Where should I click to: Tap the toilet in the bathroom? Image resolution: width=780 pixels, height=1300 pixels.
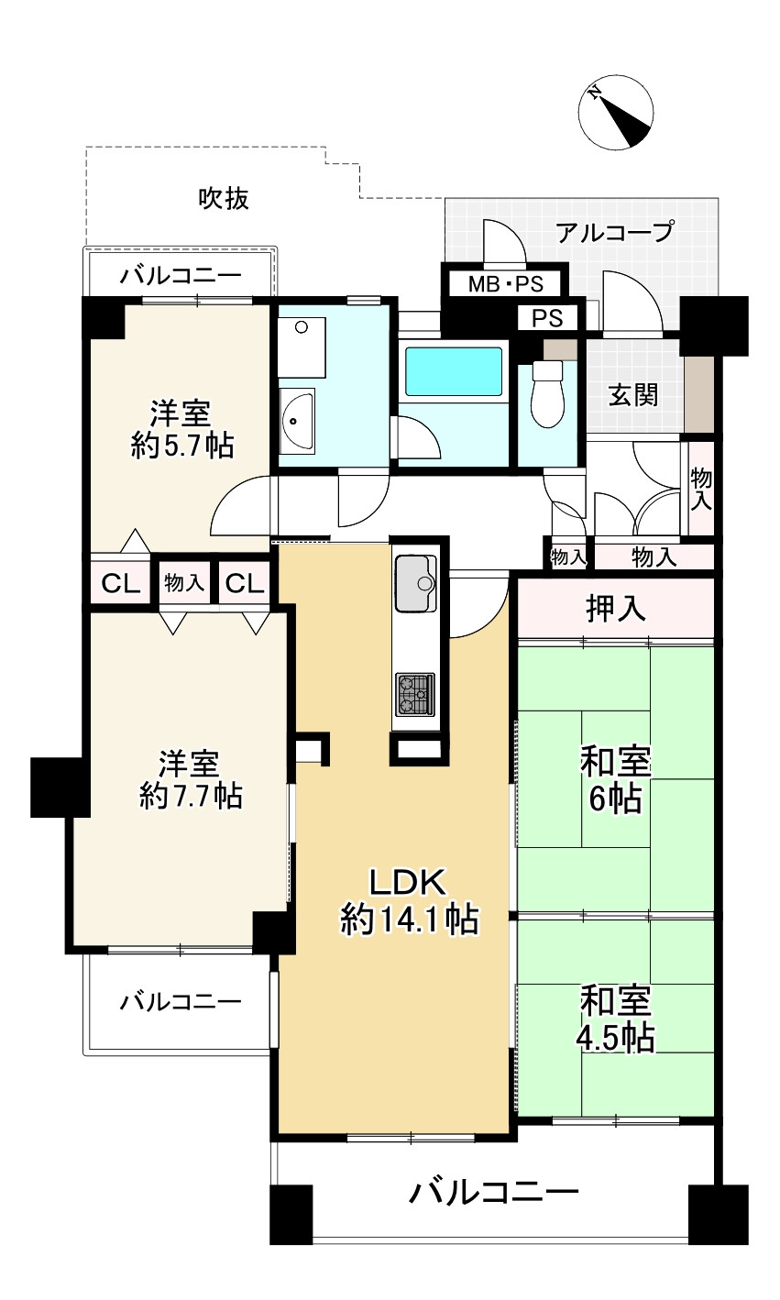pyautogui.click(x=547, y=393)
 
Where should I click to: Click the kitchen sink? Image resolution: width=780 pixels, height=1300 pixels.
pyautogui.click(x=415, y=583)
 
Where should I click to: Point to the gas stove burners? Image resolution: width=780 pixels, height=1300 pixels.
pyautogui.click(x=415, y=694)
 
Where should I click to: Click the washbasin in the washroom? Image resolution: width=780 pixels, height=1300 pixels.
pyautogui.click(x=297, y=421)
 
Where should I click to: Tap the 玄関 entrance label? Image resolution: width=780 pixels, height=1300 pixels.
pyautogui.click(x=633, y=396)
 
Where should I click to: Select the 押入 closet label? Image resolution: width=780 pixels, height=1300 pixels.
pyautogui.click(x=615, y=608)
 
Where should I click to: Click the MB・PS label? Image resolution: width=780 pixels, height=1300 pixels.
pyautogui.click(x=506, y=284)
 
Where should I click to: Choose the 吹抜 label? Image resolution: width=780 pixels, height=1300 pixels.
pyautogui.click(x=224, y=198)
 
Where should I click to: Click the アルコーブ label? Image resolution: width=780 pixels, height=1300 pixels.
pyautogui.click(x=615, y=232)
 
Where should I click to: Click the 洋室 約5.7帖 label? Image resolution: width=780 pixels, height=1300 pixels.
pyautogui.click(x=181, y=429)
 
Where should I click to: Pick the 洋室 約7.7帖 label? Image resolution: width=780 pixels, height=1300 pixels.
pyautogui.click(x=191, y=779)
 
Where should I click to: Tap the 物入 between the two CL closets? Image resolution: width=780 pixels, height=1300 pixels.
pyautogui.click(x=184, y=582)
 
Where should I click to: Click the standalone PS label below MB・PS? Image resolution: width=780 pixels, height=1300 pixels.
pyautogui.click(x=547, y=318)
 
